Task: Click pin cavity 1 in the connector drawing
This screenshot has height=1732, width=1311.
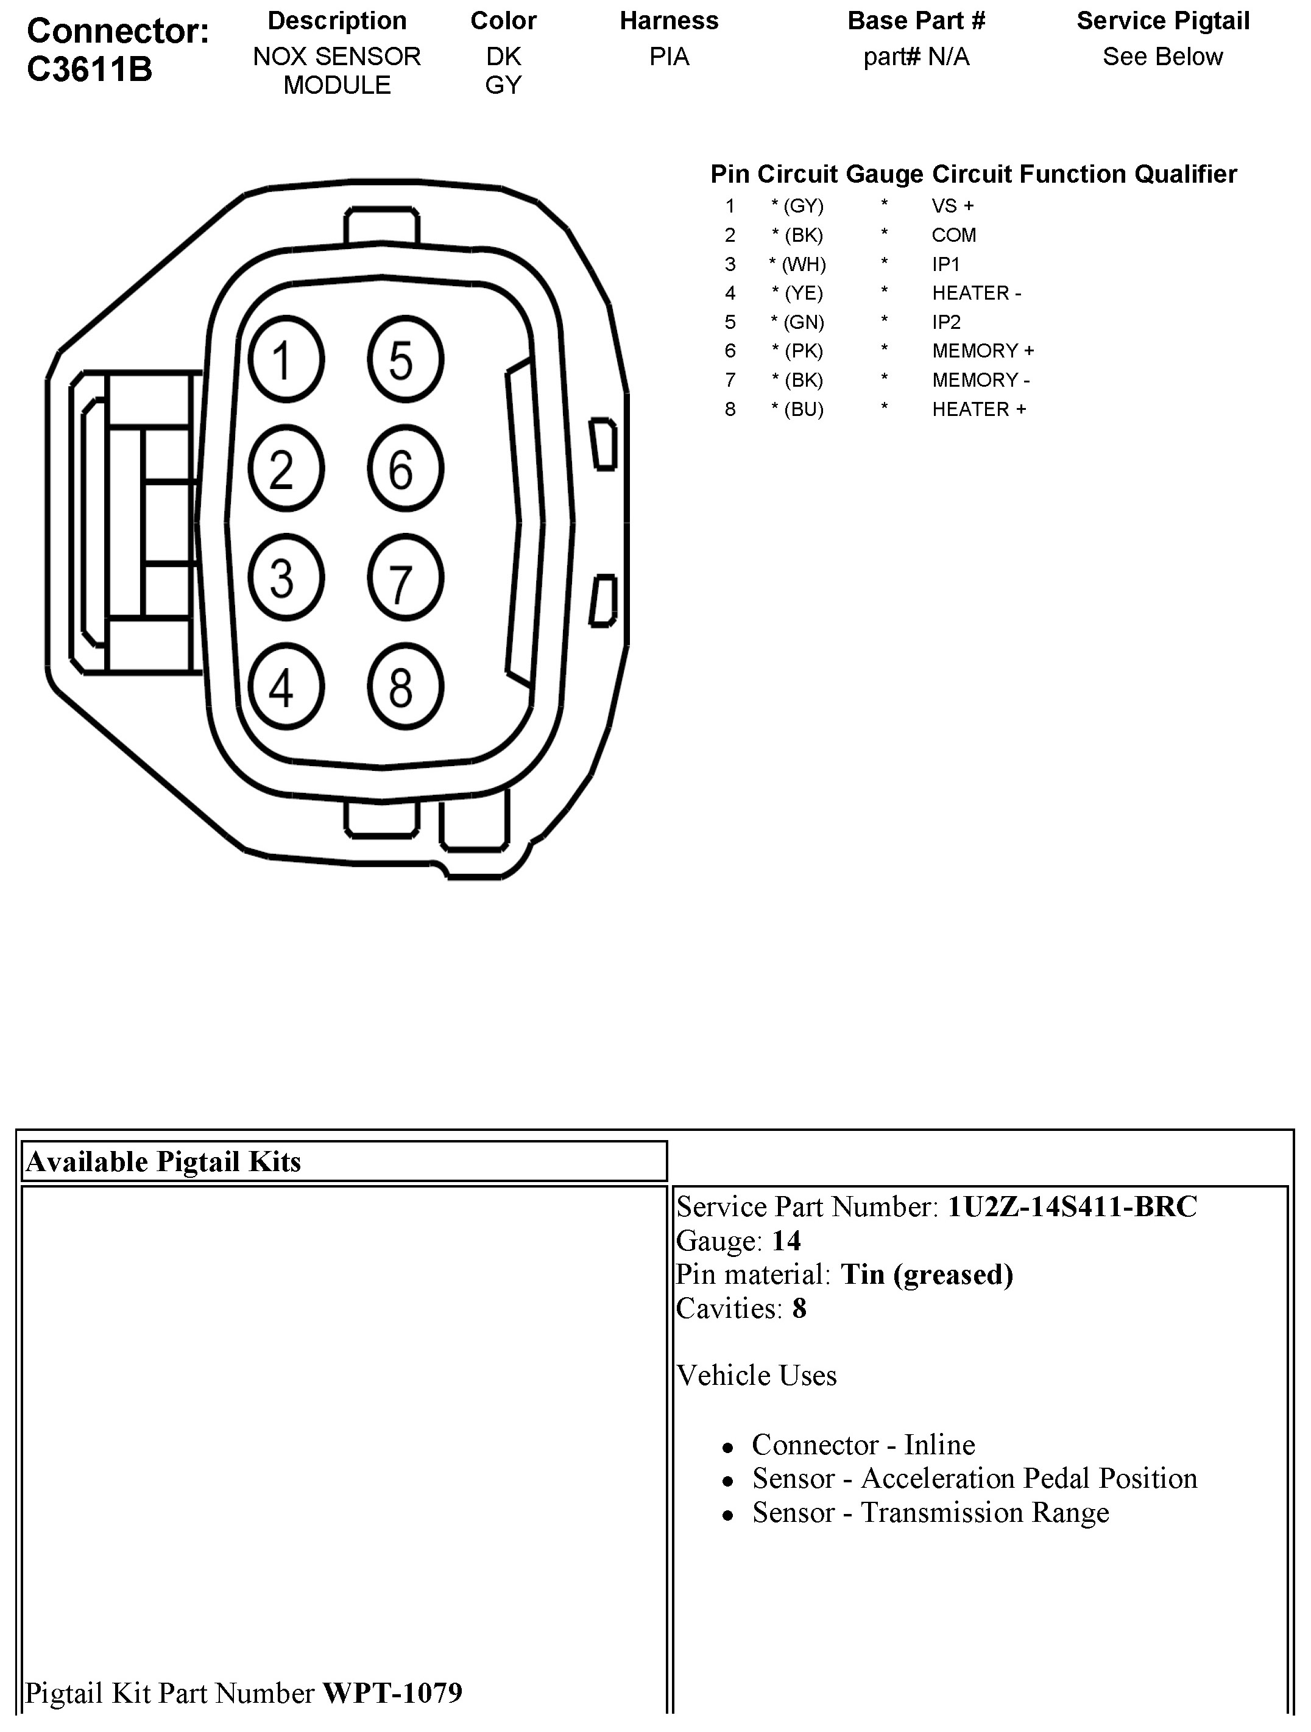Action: (286, 360)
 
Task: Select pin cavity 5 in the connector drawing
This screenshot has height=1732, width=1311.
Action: (405, 360)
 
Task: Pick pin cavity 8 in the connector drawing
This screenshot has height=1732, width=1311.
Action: (405, 688)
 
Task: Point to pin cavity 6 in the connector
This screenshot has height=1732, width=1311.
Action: (405, 470)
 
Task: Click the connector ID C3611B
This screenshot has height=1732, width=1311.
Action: (90, 69)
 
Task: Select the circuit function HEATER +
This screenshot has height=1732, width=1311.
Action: (978, 409)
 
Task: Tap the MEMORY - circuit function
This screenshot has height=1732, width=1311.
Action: (981, 381)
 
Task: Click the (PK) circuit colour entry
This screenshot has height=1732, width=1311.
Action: (798, 351)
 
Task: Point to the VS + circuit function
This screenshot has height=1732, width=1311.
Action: (952, 206)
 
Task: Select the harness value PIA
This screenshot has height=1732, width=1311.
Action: (669, 57)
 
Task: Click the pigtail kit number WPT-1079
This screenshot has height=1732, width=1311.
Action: (392, 1694)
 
